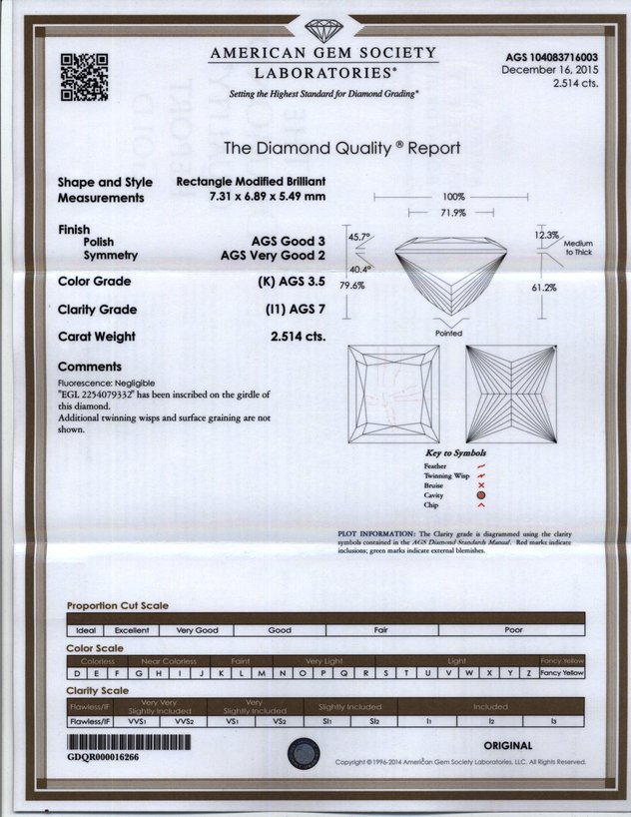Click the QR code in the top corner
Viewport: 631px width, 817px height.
85,75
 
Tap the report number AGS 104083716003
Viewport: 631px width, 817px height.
548,57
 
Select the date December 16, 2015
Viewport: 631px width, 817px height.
550,70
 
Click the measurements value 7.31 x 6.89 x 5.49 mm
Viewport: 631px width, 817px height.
265,198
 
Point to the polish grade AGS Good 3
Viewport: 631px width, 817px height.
290,242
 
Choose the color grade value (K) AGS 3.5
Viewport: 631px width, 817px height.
286,282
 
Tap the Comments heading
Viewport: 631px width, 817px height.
90,367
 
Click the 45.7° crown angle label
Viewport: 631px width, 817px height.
359,237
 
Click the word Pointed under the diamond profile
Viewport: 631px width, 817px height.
449,333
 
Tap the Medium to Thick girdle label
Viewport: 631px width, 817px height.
577,249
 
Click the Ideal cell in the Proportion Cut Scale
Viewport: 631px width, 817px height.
85,631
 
